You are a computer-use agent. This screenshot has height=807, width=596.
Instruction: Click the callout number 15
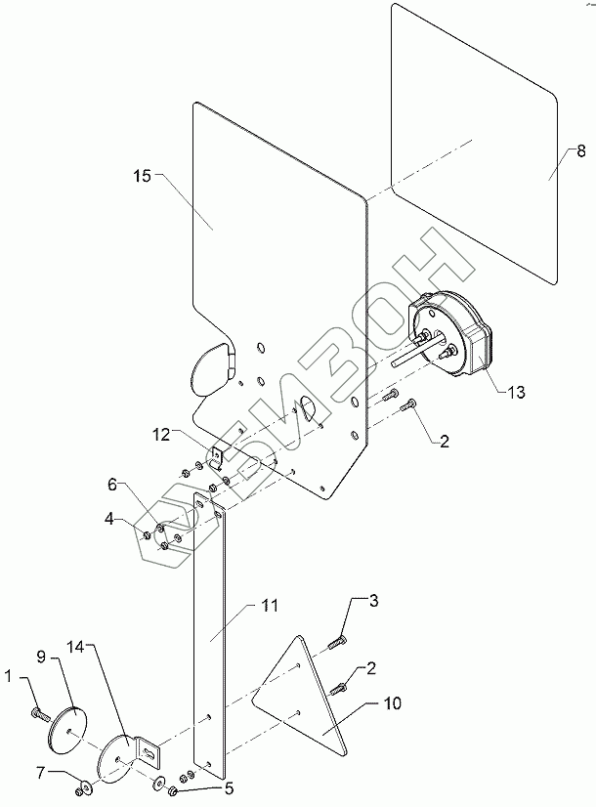(142, 176)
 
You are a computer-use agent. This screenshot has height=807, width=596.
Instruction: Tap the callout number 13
(516, 392)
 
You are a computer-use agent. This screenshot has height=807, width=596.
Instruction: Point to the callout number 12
(161, 435)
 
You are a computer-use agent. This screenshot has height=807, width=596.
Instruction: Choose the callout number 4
(109, 519)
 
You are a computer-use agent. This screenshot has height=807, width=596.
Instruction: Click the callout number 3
(373, 600)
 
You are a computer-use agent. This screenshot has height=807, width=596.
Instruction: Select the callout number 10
(393, 703)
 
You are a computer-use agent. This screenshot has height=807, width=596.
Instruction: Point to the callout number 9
(41, 657)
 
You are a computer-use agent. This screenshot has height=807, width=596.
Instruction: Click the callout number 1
(8, 676)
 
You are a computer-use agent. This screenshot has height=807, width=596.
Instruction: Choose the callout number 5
(229, 788)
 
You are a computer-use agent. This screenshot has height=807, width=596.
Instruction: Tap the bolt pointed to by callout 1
(40, 714)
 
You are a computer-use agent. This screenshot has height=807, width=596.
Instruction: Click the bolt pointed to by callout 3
(337, 642)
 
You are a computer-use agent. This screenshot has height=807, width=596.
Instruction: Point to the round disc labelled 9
(67, 732)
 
